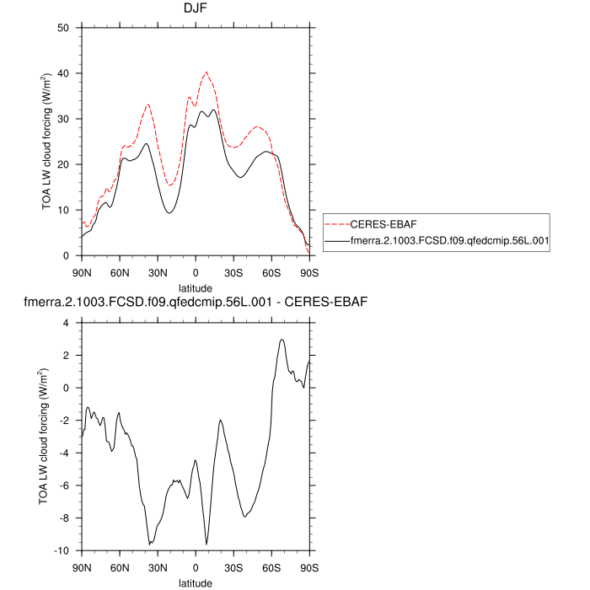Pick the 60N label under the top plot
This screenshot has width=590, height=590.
[120, 272]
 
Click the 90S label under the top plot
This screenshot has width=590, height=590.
[309, 272]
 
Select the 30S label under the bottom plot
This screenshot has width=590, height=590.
[233, 567]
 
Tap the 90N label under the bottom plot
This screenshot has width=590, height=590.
[82, 567]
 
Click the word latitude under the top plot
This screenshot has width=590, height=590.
[196, 288]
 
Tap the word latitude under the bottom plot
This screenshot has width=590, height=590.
[196, 582]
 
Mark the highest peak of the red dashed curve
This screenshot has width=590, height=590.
[206, 72]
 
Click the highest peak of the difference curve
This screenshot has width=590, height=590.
[282, 340]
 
